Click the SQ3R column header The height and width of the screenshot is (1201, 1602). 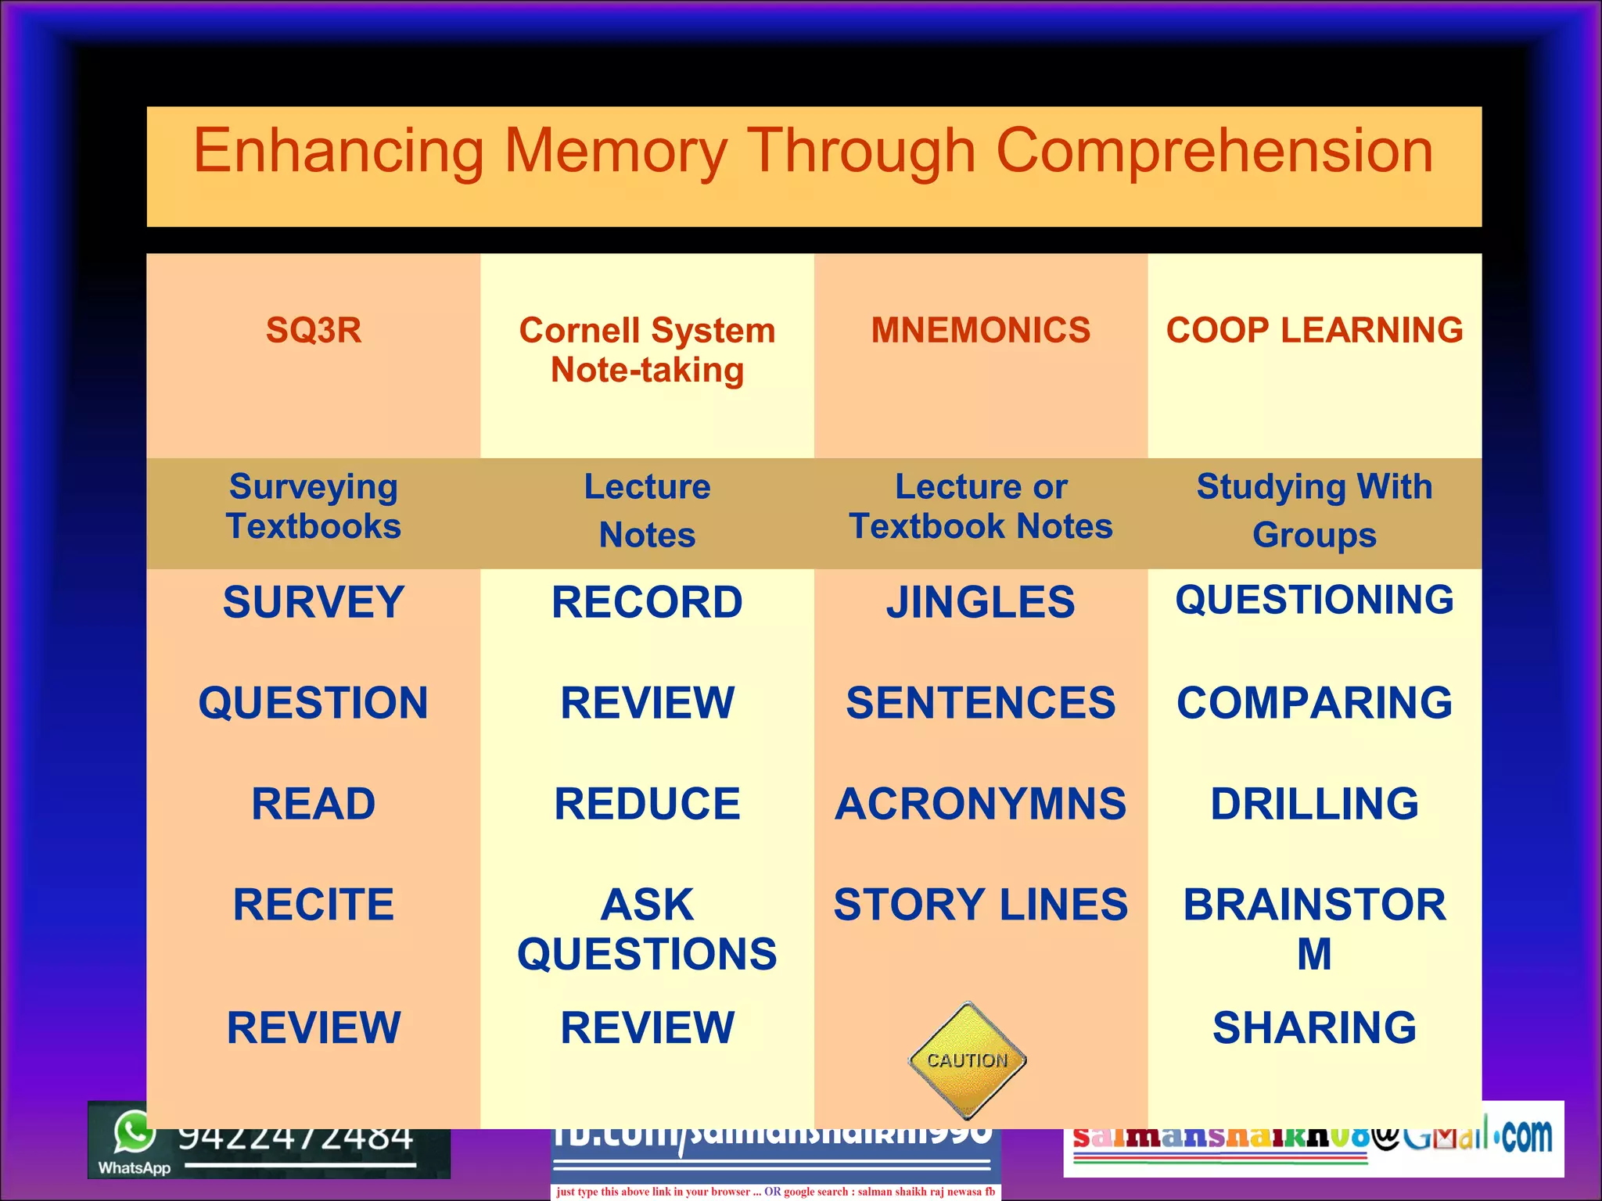coord(314,330)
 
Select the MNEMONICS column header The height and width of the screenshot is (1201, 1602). coord(981,330)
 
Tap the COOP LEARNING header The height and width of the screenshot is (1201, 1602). coord(1314,330)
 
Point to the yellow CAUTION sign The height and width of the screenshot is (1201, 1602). coord(968,1060)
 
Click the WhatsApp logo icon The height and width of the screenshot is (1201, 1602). coord(133,1131)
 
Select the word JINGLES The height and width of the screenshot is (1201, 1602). coord(981,602)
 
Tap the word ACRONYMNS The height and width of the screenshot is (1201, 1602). coord(981,804)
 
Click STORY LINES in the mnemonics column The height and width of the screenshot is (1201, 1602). coord(981,905)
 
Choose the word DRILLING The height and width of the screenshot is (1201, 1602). coord(1314,804)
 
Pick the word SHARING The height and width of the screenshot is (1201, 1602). coord(1314,1027)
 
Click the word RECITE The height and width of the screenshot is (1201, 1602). coord(314,905)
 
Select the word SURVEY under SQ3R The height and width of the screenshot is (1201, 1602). coord(314,602)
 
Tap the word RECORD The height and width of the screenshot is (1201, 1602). coord(647,602)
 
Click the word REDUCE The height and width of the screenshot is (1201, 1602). coord(647,804)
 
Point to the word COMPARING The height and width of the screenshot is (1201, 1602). coord(1314,702)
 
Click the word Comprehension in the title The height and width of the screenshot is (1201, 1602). coord(1214,151)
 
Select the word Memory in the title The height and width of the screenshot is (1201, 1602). coord(616,151)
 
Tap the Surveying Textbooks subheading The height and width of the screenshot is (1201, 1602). coord(314,507)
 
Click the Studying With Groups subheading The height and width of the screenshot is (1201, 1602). coord(1314,511)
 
